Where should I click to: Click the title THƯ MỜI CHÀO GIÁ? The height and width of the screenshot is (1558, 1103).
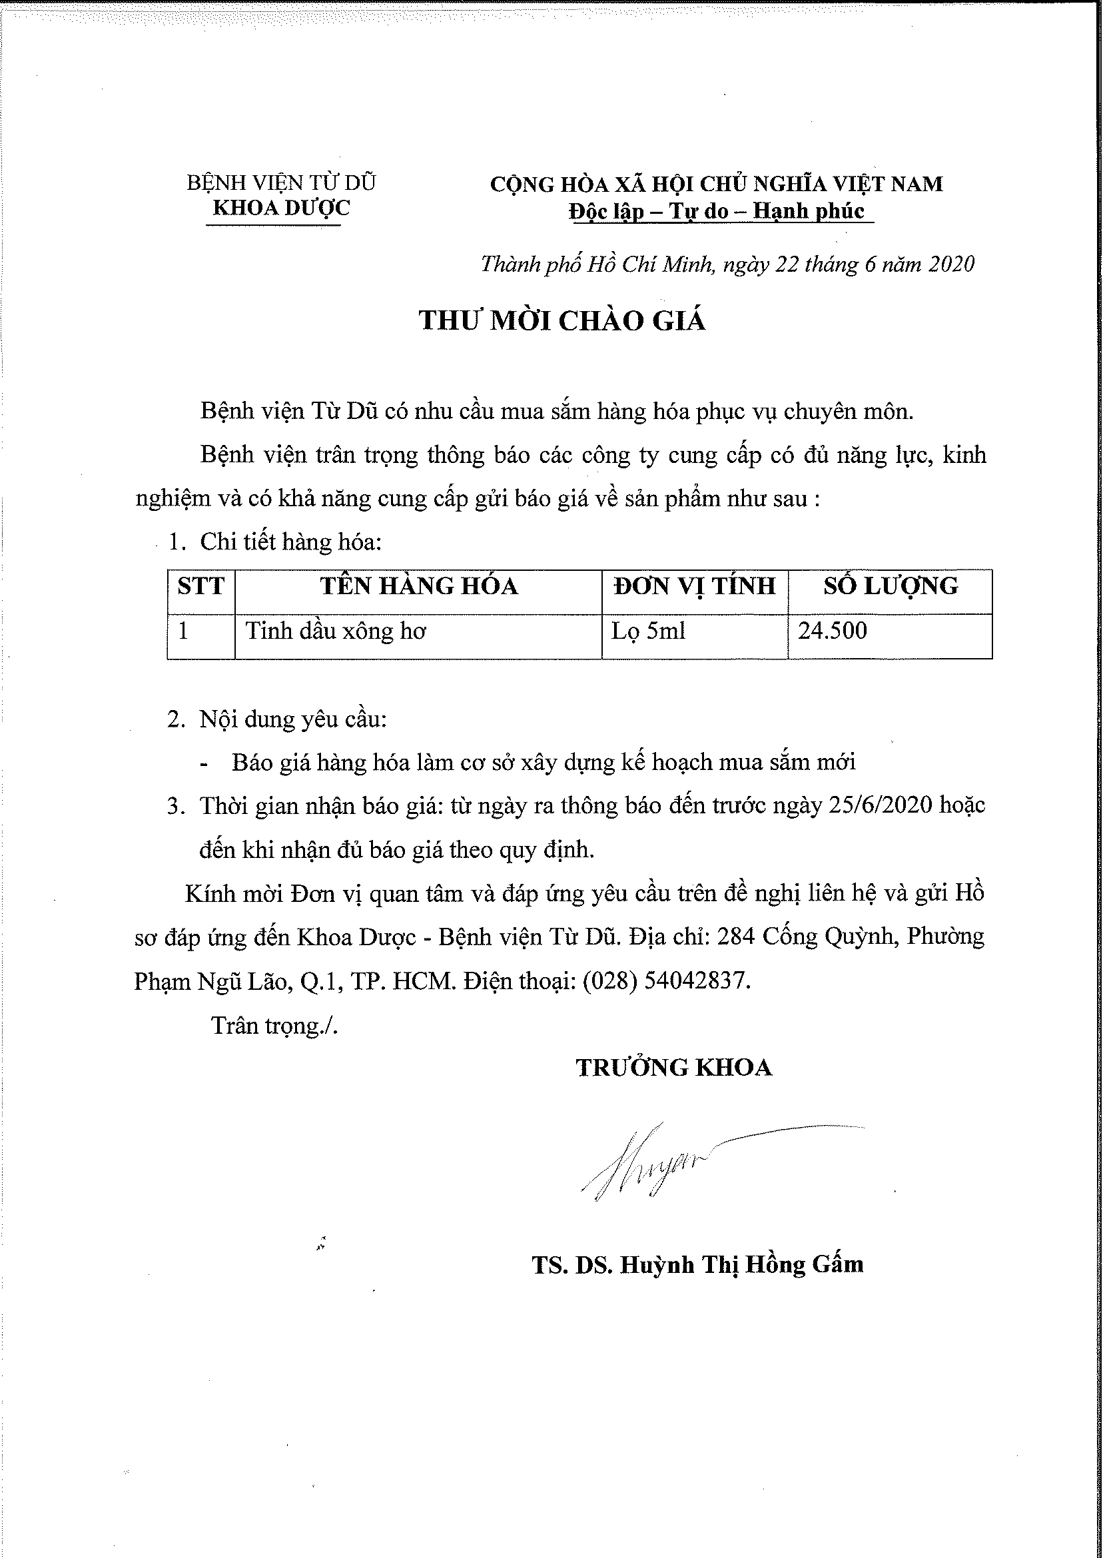(x=561, y=320)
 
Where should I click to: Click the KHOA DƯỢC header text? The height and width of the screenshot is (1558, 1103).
(x=281, y=208)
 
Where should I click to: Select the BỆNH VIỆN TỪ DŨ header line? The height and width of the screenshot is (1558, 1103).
(x=281, y=183)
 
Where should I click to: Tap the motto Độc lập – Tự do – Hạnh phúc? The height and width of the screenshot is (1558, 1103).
(x=717, y=211)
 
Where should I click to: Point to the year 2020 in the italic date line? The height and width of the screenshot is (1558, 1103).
(x=951, y=264)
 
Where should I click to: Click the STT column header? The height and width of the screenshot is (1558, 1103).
(x=201, y=586)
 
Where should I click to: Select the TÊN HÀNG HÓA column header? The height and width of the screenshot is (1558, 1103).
(x=418, y=586)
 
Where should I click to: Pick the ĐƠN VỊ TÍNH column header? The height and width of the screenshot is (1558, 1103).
(x=694, y=586)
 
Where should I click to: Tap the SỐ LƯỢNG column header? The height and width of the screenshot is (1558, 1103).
(x=891, y=586)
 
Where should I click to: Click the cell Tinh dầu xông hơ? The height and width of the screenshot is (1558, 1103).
(x=336, y=631)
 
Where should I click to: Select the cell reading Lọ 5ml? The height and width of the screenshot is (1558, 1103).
(x=648, y=631)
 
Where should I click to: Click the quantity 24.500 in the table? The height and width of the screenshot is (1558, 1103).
(x=832, y=631)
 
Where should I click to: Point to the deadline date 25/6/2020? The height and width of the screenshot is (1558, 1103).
(x=881, y=805)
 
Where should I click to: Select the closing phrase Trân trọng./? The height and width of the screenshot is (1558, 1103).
(x=274, y=1025)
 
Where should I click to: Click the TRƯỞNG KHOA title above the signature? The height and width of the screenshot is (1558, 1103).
(x=674, y=1068)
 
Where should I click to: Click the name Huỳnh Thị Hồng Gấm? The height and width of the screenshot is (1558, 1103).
(x=742, y=1265)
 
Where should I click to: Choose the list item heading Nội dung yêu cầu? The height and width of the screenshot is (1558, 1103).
(x=292, y=719)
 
